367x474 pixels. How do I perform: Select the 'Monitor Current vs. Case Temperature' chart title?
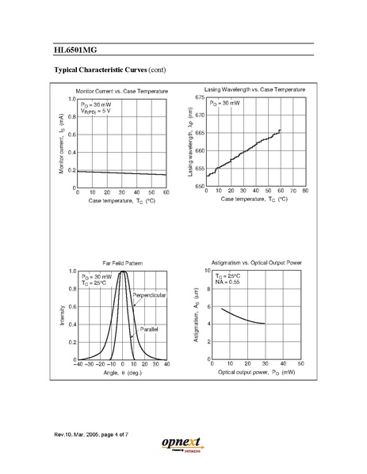(x=121, y=92)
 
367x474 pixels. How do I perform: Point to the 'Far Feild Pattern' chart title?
(x=120, y=260)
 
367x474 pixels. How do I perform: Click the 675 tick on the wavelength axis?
(x=200, y=97)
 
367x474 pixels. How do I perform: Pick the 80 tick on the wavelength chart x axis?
(x=304, y=192)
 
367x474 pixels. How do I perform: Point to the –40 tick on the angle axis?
(x=77, y=364)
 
